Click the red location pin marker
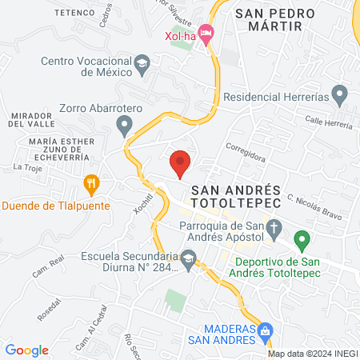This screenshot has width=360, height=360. tap(181, 162)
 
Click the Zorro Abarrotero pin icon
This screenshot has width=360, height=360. tap(124, 125)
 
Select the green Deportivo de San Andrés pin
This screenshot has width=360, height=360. tap(302, 238)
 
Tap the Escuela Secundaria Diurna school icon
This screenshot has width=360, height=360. tap(189, 258)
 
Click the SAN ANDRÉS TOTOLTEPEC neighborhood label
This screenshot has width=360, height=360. tap(236, 195)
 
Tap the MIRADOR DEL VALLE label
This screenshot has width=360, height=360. tap(31, 119)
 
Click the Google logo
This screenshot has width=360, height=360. tap(26, 350)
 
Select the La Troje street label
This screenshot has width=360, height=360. tap(26, 167)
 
